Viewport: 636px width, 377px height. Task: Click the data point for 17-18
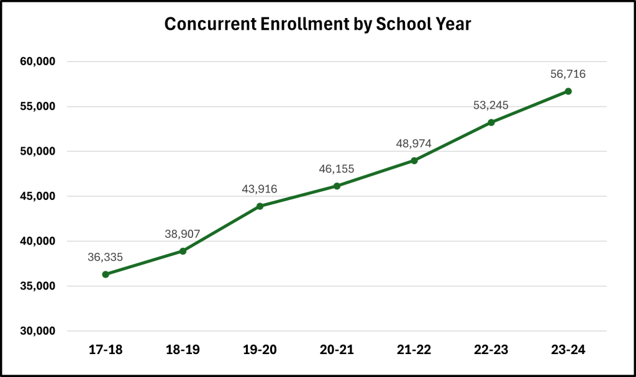pos(106,274)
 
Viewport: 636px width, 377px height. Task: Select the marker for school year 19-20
pos(260,206)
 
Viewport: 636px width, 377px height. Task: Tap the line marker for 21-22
pos(414,161)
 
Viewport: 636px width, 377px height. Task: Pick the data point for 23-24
pos(568,91)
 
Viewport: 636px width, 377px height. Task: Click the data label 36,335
pos(106,256)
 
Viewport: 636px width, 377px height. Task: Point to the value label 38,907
pos(183,234)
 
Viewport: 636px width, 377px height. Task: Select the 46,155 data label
pos(337,168)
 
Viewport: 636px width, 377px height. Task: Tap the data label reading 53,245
pos(491,105)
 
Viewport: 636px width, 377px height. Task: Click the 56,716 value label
pos(568,74)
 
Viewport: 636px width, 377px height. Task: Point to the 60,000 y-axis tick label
pos(39,61)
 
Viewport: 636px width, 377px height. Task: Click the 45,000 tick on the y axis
pos(39,196)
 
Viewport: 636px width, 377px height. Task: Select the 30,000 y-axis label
pos(39,331)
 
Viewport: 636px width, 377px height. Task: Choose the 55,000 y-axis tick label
pos(39,106)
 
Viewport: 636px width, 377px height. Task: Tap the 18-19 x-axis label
pos(183,350)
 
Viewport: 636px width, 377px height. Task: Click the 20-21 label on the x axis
pos(337,350)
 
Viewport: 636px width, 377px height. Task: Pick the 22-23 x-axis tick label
pos(491,350)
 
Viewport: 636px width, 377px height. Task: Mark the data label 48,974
pos(414,143)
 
